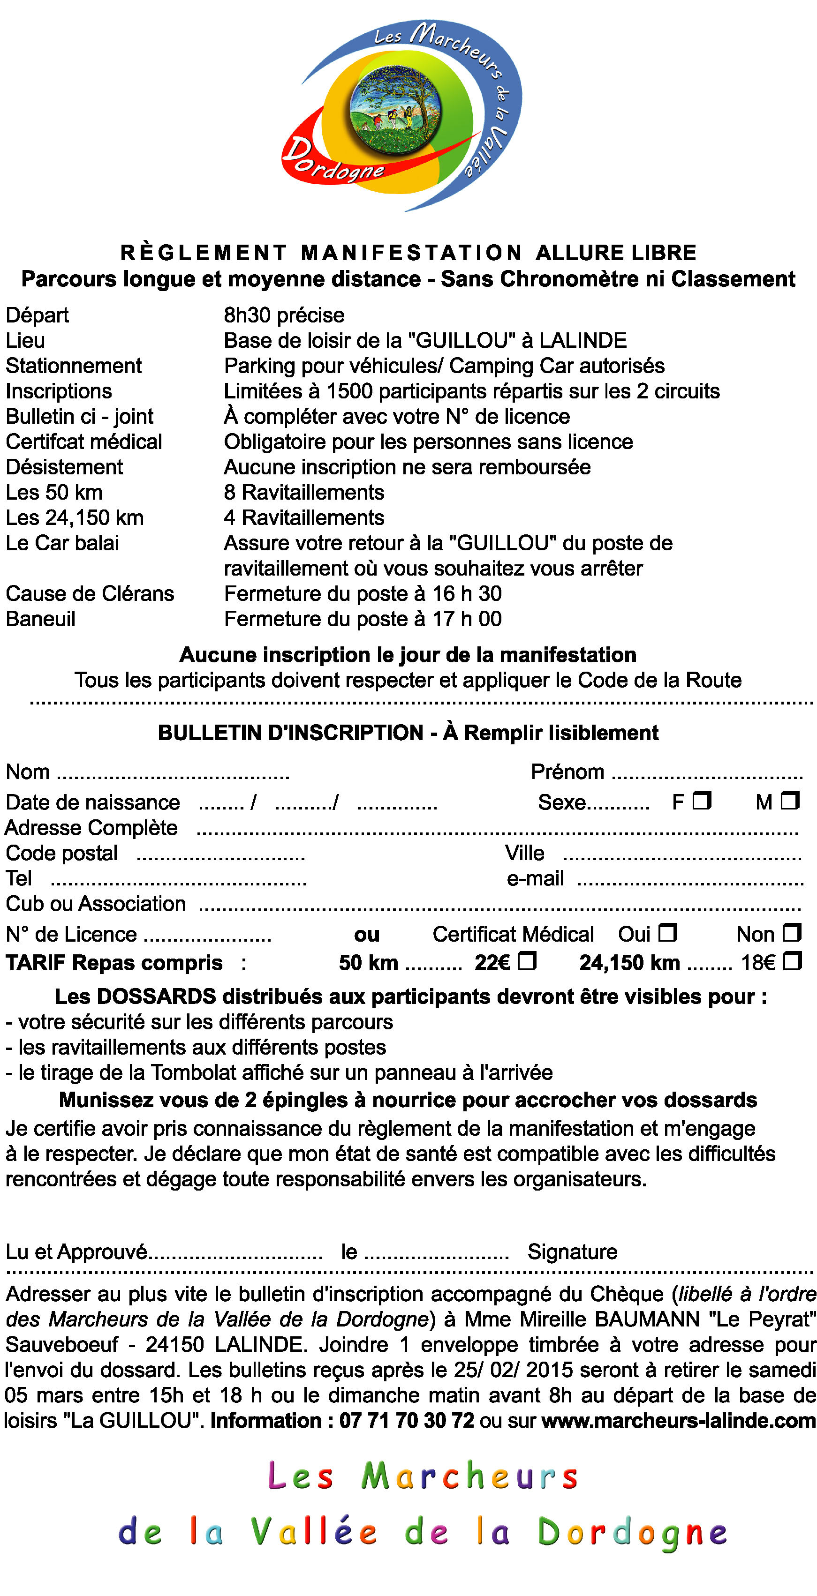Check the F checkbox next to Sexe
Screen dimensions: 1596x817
(701, 801)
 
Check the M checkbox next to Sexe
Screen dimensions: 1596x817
(790, 801)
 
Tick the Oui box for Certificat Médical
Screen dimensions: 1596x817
(667, 932)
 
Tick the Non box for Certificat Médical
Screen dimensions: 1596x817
(792, 932)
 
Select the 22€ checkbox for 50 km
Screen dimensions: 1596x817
(527, 961)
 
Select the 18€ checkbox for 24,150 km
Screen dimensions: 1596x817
(792, 961)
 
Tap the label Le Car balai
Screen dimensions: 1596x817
(62, 543)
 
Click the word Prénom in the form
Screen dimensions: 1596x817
(567, 772)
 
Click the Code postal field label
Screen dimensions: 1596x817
(62, 853)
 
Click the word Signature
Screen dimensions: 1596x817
(572, 1252)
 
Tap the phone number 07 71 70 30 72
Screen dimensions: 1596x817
(407, 1420)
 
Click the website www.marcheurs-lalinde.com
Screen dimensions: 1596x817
(679, 1420)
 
